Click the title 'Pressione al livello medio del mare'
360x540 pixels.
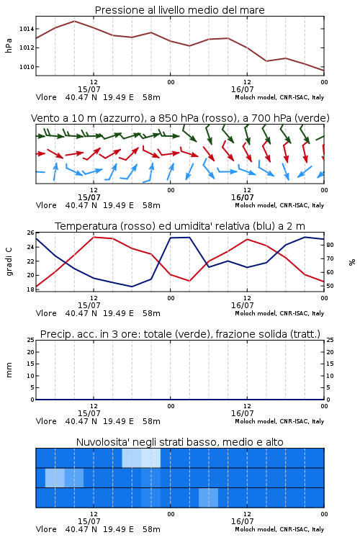tap(179, 10)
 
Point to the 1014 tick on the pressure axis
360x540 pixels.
tap(27, 29)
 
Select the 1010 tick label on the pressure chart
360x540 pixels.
tap(27, 67)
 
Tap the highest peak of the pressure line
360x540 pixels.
tap(74, 22)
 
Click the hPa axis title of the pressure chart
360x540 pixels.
tap(9, 45)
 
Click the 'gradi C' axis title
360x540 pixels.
tap(9, 261)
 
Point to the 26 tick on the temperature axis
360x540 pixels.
tap(31, 233)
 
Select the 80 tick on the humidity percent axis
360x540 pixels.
tap(330, 245)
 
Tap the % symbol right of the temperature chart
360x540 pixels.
tap(352, 262)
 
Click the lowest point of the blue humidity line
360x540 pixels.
tap(132, 287)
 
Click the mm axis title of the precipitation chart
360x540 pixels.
tap(9, 370)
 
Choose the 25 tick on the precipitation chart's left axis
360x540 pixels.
tap(31, 340)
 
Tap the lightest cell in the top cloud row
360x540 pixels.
tap(151, 458)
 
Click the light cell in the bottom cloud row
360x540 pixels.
tap(208, 498)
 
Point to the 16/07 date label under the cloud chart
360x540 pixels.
tap(242, 521)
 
